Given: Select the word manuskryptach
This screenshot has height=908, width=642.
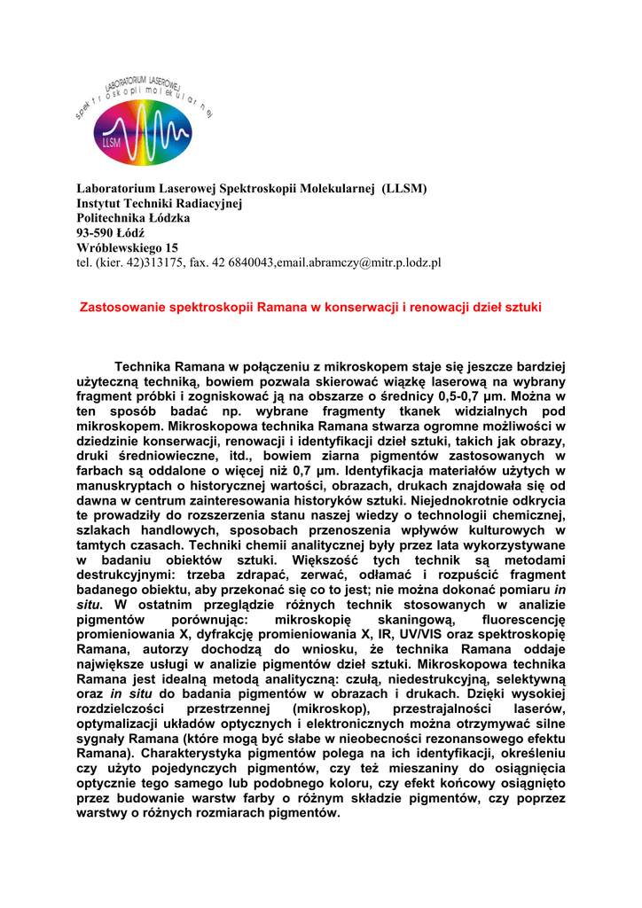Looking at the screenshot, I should click(x=129, y=487).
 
